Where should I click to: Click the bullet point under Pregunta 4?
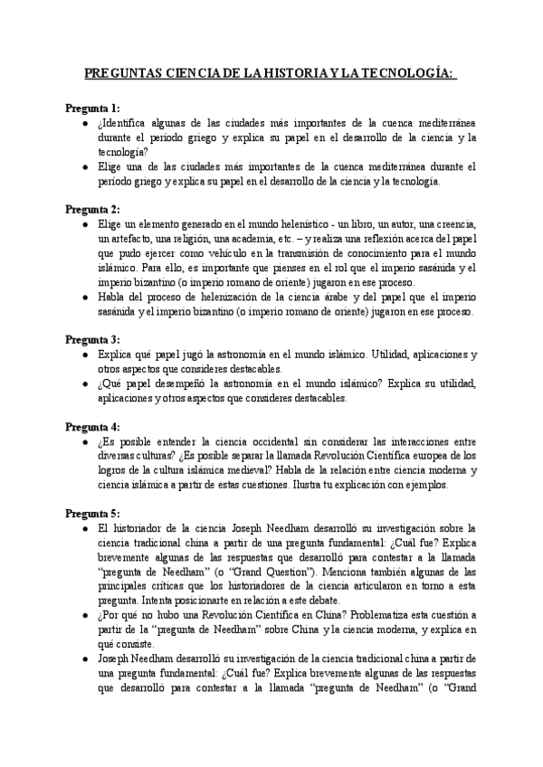coord(84,440)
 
